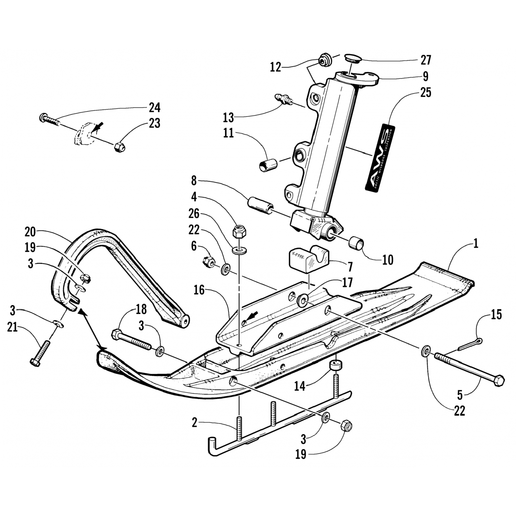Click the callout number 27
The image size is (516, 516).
coord(426,60)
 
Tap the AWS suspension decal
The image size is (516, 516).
coord(380,158)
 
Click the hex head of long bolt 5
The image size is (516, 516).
coord(499,380)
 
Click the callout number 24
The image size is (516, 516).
coord(154,108)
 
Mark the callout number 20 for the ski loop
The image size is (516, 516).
coord(30,232)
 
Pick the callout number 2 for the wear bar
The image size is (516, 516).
coord(195,422)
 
